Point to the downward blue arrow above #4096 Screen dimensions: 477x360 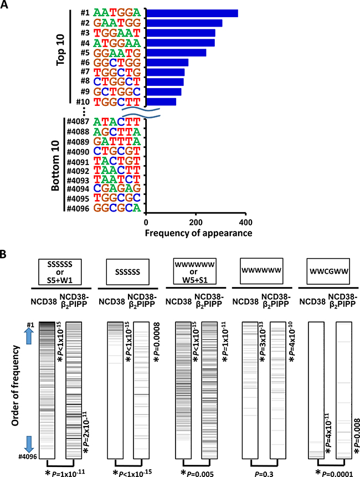[30, 444]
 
